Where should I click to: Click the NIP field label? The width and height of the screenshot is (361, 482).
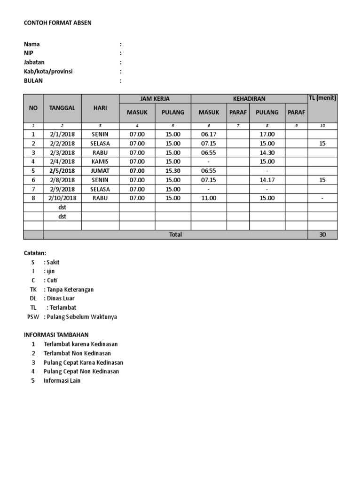coord(29,53)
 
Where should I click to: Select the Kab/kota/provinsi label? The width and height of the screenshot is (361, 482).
coord(48,72)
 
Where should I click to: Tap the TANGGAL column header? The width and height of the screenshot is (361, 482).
coord(62,108)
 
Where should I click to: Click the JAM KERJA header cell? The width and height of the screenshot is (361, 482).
coord(155,99)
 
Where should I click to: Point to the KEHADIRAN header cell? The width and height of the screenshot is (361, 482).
coord(249,99)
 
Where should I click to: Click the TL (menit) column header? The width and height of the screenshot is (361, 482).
coord(322,98)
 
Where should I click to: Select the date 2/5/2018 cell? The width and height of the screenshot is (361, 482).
coord(62,171)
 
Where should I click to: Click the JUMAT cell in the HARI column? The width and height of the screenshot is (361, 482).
coord(100,171)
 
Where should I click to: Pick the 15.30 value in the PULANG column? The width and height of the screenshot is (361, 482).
coord(173,171)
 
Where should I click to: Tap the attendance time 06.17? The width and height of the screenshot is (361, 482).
coord(208,134)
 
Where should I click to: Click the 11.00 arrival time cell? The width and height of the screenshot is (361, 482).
coord(208,198)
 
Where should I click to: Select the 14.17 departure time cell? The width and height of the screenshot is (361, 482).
coord(267,180)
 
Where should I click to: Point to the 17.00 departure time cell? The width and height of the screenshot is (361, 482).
coord(267,134)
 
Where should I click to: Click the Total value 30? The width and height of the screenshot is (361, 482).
coord(322,234)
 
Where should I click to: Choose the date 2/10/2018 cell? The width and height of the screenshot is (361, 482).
coord(62,198)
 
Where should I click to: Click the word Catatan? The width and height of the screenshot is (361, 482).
coord(35,253)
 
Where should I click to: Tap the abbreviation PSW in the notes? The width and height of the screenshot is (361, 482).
coord(33,317)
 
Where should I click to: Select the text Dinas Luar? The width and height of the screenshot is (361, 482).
coord(61,298)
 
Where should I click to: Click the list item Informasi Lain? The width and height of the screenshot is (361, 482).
coord(62,380)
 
